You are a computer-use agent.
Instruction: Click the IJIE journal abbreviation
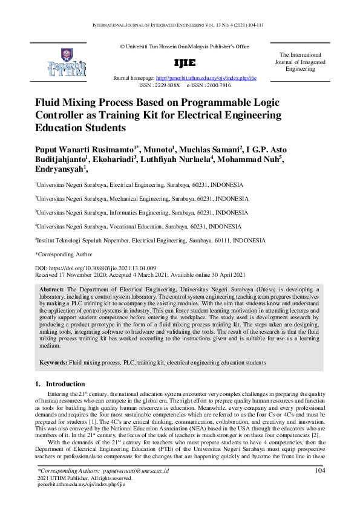pyautogui.click(x=185, y=63)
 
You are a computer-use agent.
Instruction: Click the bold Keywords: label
pyautogui.click(x=53, y=362)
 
